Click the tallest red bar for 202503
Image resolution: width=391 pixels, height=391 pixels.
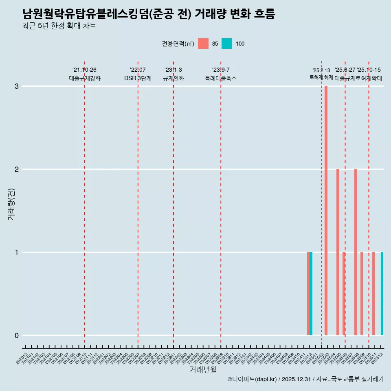[x=326, y=211]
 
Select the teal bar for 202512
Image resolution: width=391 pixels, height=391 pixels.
[x=382, y=294]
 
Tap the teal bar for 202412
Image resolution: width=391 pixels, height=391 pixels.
[x=311, y=294]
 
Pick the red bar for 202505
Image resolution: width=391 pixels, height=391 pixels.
[x=338, y=252]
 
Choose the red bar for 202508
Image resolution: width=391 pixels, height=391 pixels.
[x=356, y=252]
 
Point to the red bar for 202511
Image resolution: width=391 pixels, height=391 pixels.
[x=373, y=294]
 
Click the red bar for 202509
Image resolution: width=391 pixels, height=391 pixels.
[x=362, y=294]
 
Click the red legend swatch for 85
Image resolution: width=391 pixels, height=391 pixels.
[x=203, y=44]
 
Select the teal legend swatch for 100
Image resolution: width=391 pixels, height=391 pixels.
[x=227, y=44]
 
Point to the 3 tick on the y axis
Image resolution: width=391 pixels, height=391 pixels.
[x=17, y=86]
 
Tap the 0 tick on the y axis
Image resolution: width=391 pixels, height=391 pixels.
[x=17, y=336]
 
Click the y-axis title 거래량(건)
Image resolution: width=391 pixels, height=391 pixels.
[x=11, y=204]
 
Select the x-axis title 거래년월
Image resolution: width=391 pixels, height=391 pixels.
[x=203, y=369]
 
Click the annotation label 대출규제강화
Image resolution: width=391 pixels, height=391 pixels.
[x=85, y=78]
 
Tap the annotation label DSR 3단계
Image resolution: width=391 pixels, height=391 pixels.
[x=138, y=78]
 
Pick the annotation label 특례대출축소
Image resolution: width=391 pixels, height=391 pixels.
[x=221, y=78]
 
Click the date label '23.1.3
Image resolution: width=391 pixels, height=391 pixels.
[x=174, y=70]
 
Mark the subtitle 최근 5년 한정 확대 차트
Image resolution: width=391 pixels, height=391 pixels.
[x=59, y=26]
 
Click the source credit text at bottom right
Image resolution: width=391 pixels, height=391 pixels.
[x=305, y=379]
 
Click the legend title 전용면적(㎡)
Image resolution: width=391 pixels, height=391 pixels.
[x=178, y=44]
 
